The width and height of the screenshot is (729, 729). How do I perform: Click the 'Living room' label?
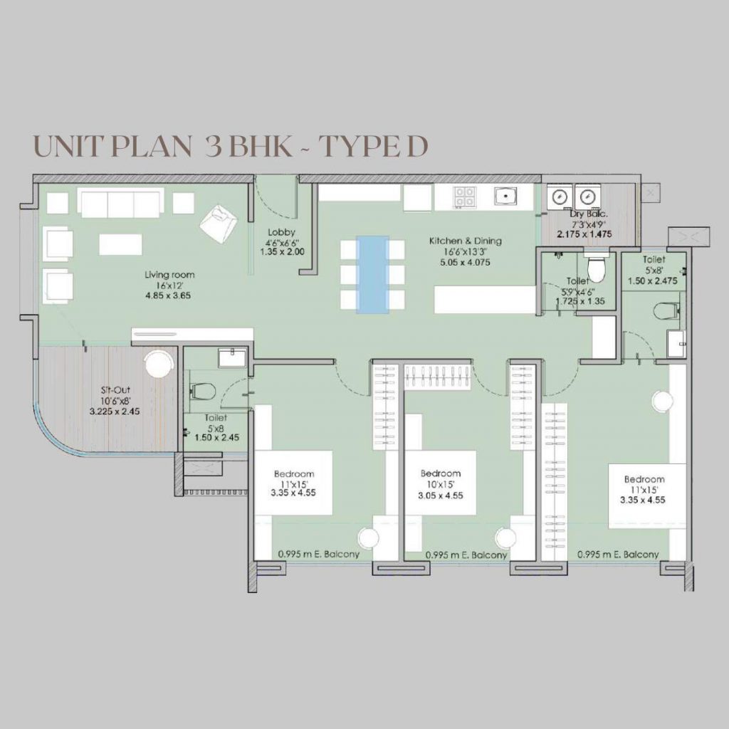point(169,275)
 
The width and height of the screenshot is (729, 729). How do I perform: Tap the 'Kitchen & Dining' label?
point(465,241)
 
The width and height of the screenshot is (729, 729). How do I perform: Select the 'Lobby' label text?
point(281,232)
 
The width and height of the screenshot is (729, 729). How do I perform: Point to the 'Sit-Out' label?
point(115,390)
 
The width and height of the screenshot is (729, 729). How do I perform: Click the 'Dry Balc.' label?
point(589,214)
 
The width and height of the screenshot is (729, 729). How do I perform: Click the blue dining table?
point(372,275)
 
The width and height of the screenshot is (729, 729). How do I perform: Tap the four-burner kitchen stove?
point(465,196)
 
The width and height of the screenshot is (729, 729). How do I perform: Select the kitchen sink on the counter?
point(505,196)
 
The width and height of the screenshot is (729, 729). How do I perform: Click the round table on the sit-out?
point(159,364)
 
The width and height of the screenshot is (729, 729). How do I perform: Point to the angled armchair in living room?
point(219,222)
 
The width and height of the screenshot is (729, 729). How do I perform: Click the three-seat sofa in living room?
point(121,203)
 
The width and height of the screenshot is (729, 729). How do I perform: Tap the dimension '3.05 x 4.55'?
point(440,495)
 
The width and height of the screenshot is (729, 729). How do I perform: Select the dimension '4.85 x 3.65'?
point(168,295)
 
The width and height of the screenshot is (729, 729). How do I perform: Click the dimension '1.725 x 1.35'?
point(580,301)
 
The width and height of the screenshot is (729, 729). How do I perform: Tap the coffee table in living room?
point(120,245)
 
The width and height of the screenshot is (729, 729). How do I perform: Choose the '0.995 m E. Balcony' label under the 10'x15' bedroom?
point(466,555)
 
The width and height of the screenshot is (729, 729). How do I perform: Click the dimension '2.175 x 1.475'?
point(584,234)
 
